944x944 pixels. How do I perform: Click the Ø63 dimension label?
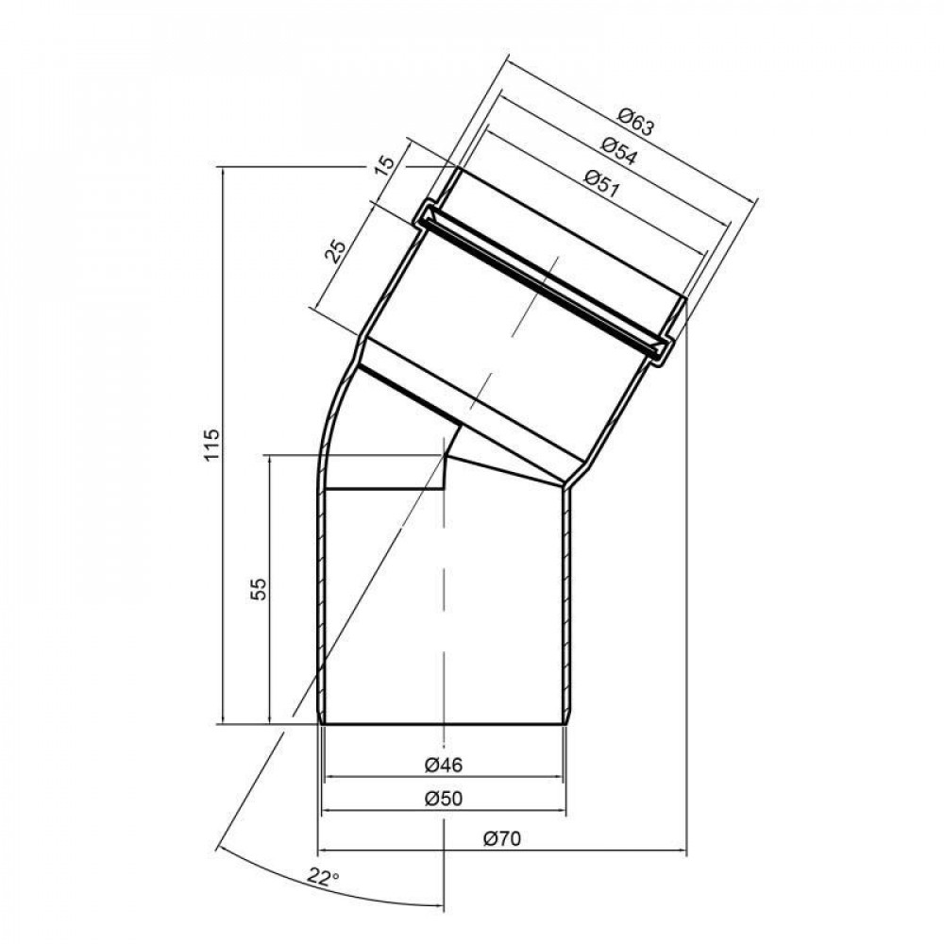point(635,123)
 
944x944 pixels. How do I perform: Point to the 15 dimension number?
point(384,167)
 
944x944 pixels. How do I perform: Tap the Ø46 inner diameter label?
point(443,764)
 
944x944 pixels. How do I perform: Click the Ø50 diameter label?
point(443,799)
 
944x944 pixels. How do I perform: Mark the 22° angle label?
point(322,879)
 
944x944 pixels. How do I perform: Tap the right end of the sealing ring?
point(663,349)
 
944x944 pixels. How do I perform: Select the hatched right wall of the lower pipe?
point(568,604)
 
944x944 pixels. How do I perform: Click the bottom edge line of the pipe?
point(444,725)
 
